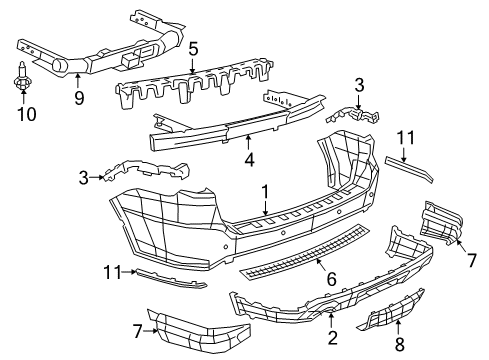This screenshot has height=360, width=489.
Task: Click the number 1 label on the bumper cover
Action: click(265, 190)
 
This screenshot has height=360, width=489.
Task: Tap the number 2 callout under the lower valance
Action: click(330, 338)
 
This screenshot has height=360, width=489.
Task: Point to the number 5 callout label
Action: click(193, 47)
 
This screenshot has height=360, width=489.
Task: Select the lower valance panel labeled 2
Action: click(310, 306)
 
